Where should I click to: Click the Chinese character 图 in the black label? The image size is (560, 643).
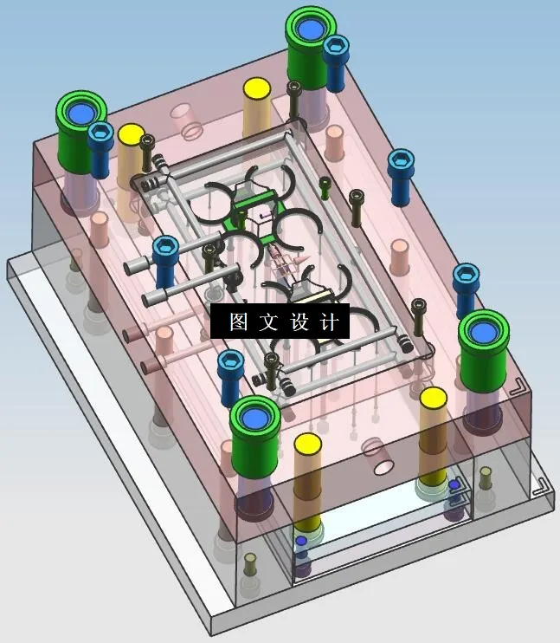point(239,322)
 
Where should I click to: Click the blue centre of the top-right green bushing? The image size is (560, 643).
point(310,29)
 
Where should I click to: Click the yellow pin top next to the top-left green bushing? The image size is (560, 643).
point(131,134)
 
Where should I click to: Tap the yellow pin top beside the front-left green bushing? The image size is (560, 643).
point(307,445)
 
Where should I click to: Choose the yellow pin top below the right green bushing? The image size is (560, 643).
point(433,398)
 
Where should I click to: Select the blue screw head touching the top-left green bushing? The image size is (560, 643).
point(100,133)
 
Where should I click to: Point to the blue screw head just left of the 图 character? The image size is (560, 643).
point(165,250)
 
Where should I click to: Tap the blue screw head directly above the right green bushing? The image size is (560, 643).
point(466,277)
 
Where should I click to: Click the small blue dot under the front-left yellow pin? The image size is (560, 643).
point(300,542)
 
